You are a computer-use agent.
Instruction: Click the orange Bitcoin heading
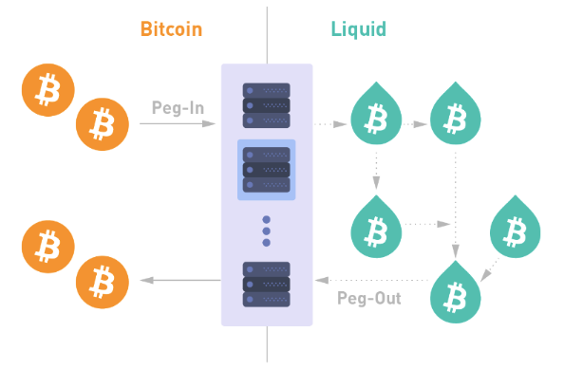171,28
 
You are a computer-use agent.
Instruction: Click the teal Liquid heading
358,28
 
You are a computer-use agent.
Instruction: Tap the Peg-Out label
369,298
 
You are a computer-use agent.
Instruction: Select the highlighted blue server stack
266,170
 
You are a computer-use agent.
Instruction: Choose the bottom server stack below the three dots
266,283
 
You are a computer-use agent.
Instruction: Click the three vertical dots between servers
266,231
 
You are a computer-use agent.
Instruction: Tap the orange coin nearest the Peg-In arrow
101,122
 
